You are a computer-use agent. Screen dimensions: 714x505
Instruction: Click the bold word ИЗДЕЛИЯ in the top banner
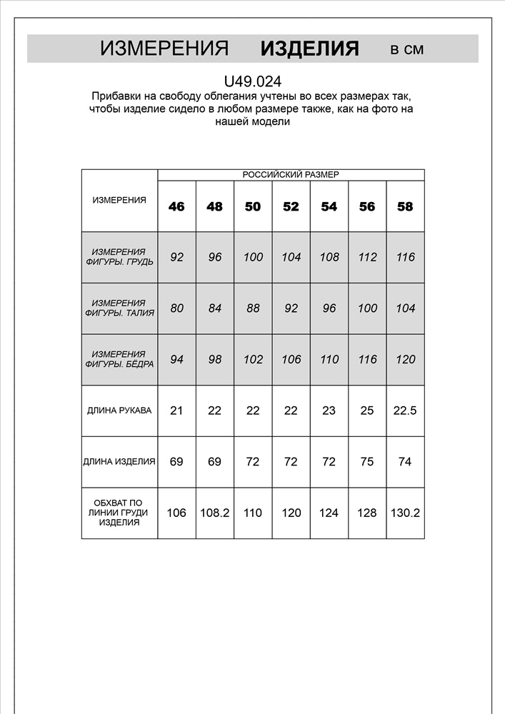coord(309,49)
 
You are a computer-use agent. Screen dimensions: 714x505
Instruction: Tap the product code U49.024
coord(252,82)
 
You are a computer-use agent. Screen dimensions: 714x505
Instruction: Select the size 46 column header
coord(176,206)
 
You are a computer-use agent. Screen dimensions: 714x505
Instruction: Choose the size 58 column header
coord(405,206)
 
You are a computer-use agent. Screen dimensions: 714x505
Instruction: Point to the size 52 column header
coord(291,206)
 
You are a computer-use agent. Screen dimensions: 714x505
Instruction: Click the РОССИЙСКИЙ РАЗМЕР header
coord(291,174)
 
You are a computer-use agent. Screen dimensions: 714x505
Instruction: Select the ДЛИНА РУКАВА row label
coord(119,411)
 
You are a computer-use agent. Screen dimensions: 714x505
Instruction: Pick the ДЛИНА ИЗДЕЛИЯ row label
coord(119,461)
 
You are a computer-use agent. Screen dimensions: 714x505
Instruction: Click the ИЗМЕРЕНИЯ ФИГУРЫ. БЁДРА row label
coord(119,359)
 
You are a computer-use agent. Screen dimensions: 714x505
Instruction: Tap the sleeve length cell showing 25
coord(367,411)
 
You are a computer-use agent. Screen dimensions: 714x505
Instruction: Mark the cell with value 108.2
coord(214,513)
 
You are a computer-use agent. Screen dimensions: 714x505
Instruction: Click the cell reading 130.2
coord(405,513)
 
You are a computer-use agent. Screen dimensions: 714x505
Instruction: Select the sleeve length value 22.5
coord(405,411)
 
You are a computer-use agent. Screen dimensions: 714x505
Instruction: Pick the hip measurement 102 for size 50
coord(253,359)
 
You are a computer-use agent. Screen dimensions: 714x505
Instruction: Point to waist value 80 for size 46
coord(176,308)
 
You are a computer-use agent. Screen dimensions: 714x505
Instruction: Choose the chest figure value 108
coord(329,257)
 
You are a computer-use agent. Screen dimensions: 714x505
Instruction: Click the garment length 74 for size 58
coord(405,461)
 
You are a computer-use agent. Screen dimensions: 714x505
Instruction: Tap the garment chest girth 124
coord(329,513)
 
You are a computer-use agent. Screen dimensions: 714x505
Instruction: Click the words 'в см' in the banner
coord(406,49)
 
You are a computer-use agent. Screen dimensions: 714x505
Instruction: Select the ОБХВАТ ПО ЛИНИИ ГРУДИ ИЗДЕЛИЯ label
coord(119,513)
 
